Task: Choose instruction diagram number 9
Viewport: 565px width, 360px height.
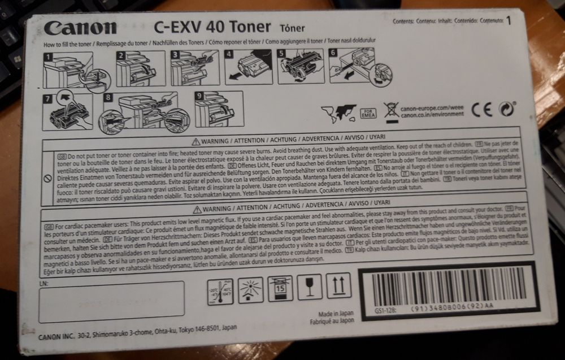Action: tap(218, 107)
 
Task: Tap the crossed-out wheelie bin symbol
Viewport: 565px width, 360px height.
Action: tap(391, 110)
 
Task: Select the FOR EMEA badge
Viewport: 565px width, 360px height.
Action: tap(368, 111)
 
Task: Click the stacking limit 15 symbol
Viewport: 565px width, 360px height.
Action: tap(280, 289)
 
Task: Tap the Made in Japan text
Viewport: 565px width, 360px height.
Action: tap(336, 313)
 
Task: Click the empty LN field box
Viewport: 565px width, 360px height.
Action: tap(111, 301)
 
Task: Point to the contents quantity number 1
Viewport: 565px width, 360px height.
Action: tap(508, 21)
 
